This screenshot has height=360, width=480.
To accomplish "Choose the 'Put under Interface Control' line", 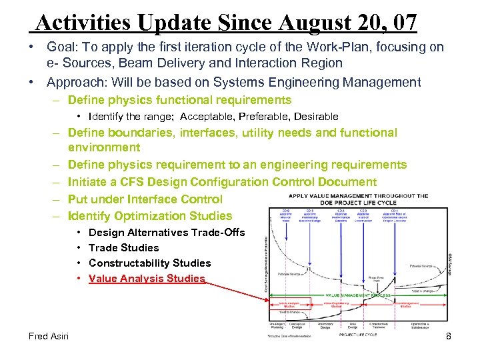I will click(145, 199).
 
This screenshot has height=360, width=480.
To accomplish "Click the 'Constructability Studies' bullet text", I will click(149, 263).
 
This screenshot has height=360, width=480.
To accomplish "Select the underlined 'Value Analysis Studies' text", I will click(147, 279).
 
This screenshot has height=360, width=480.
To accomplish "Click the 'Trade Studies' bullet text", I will click(123, 248).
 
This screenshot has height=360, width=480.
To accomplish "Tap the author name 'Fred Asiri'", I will click(49, 336).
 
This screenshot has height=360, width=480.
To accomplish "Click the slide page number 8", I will click(449, 336).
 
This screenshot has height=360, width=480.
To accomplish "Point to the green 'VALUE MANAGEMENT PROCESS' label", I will click(357, 295).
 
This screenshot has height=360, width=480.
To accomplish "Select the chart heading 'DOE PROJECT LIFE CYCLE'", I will click(359, 203).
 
